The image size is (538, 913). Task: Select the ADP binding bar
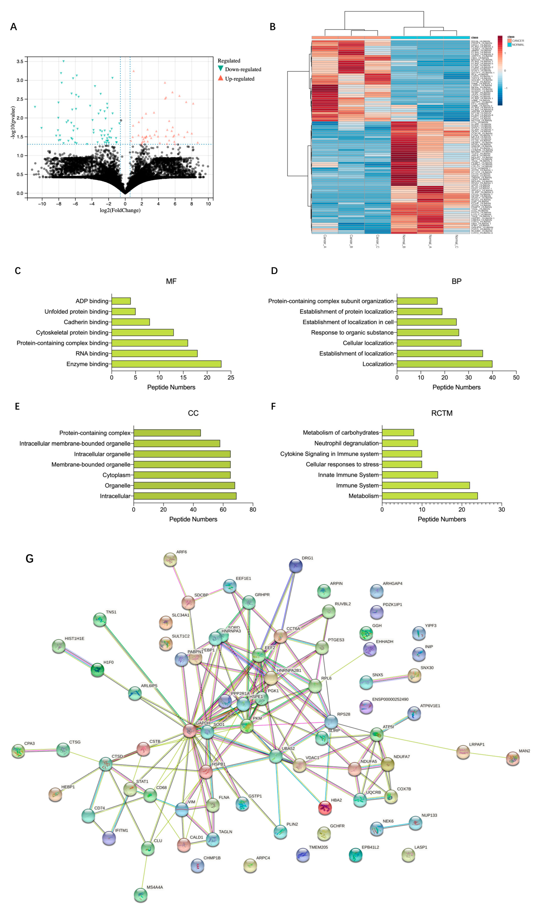pyautogui.click(x=121, y=301)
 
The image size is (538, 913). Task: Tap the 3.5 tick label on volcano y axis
pyautogui.click(x=20, y=62)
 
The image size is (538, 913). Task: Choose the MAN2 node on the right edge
pyautogui.click(x=513, y=758)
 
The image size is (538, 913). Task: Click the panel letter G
pyautogui.click(x=30, y=559)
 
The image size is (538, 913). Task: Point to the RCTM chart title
pyautogui.click(x=442, y=413)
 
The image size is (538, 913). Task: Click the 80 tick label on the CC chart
pyautogui.click(x=253, y=509)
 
